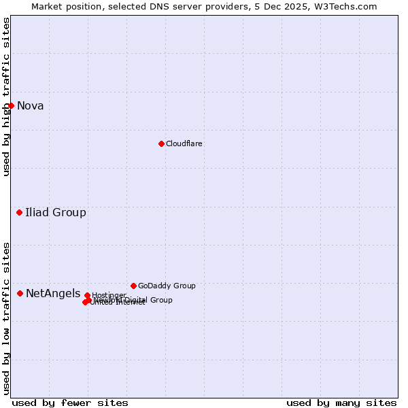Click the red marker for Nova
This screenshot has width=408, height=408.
click(x=11, y=105)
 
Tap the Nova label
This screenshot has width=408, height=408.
click(x=31, y=105)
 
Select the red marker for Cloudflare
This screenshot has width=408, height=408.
click(x=161, y=143)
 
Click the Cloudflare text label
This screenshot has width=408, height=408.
click(x=184, y=143)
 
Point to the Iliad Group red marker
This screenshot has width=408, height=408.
click(x=19, y=213)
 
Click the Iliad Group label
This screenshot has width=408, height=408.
click(x=56, y=213)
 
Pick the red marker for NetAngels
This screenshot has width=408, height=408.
click(x=20, y=293)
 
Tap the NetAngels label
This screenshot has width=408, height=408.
click(x=53, y=293)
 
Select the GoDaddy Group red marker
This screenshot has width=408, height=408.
click(x=133, y=286)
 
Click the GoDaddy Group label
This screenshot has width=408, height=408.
click(x=167, y=286)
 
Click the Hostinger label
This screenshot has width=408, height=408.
click(x=109, y=295)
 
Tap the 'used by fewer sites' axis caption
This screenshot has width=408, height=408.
click(x=70, y=403)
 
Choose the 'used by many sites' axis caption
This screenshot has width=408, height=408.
click(x=341, y=403)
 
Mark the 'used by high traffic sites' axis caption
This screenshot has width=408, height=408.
click(x=6, y=97)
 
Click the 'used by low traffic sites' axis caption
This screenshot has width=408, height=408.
click(x=6, y=318)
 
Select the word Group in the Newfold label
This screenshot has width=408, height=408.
click(x=161, y=300)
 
